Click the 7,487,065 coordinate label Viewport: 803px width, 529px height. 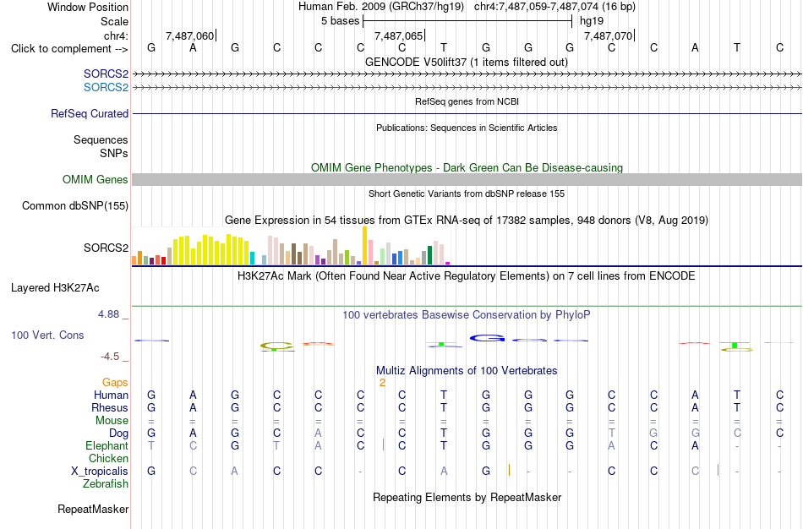(398, 35)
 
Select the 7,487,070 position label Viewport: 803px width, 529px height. (608, 35)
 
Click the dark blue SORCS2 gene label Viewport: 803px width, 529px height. (106, 74)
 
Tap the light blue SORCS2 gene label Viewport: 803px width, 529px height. (106, 88)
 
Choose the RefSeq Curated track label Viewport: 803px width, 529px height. (90, 114)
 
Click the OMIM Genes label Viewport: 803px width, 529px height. (96, 180)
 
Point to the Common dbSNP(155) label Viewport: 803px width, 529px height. (75, 206)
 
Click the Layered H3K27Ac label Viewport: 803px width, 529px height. (55, 288)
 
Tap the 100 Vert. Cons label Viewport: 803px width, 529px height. (47, 335)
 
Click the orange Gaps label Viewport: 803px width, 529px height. (115, 383)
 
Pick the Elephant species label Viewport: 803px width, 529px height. (107, 446)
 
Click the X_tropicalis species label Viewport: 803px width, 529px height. (100, 472)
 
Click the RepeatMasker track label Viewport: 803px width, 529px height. (93, 509)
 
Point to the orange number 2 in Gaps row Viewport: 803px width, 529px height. (382, 383)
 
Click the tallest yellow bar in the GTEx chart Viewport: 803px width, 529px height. (364, 245)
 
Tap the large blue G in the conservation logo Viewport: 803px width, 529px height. (488, 338)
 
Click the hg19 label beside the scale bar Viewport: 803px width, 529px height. (592, 21)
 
